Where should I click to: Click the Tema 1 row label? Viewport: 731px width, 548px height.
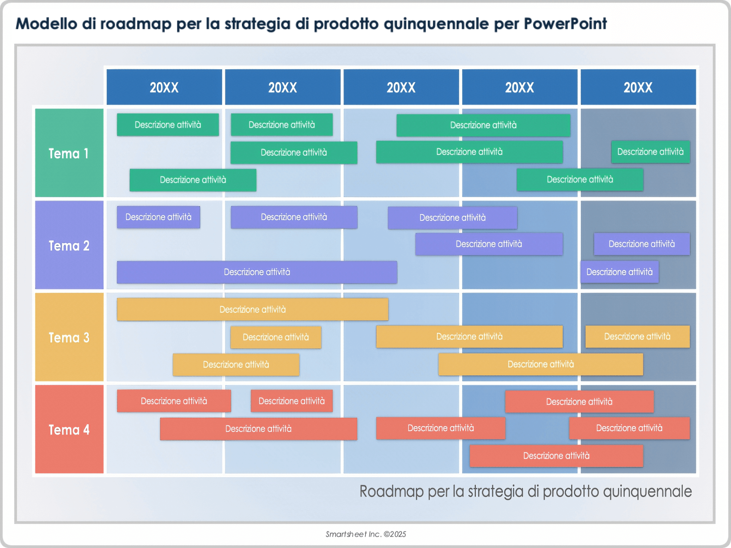[x=69, y=153]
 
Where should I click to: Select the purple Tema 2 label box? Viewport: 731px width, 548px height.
[x=69, y=245]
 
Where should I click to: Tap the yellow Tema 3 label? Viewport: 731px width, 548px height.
[x=69, y=338]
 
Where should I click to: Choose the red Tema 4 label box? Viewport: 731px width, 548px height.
[x=69, y=430]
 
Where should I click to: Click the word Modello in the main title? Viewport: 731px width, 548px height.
[x=46, y=24]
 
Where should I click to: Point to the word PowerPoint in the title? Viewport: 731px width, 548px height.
[x=565, y=24]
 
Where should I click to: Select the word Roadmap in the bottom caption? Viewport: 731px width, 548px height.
[x=391, y=491]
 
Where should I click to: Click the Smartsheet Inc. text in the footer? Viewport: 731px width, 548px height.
[x=353, y=534]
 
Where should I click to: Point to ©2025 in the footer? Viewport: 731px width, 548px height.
[x=395, y=534]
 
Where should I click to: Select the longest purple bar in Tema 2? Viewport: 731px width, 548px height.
[x=257, y=272]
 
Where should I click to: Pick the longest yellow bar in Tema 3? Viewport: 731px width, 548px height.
[x=252, y=309]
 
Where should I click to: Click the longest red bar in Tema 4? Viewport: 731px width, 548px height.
[x=258, y=429]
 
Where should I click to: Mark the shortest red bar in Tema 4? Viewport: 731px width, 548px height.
[x=292, y=401]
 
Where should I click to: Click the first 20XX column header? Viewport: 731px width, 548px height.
[x=164, y=87]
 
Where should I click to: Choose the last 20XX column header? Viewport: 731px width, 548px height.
[x=638, y=87]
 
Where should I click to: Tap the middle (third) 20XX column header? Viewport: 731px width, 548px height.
[x=401, y=87]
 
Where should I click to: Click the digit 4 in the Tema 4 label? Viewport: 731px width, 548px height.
[x=86, y=430]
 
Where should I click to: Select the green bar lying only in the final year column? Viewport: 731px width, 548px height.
[x=650, y=152]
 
